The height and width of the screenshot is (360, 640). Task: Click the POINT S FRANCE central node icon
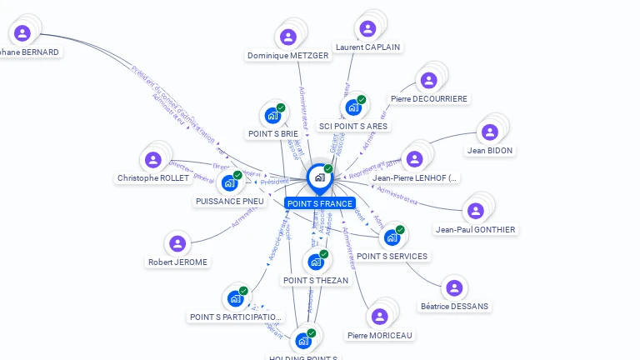(318, 177)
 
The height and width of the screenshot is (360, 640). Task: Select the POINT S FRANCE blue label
(320, 203)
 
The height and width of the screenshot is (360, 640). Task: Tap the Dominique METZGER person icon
(287, 37)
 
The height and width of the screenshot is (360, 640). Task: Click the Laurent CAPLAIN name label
(367, 47)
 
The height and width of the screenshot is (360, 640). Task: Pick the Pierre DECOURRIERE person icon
(428, 80)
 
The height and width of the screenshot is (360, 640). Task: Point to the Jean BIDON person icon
(489, 132)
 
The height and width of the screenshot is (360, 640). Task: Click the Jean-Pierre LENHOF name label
(415, 178)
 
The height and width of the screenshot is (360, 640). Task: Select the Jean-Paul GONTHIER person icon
(475, 211)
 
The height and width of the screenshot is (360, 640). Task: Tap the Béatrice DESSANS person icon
(453, 287)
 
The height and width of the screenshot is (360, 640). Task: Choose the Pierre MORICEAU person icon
(379, 317)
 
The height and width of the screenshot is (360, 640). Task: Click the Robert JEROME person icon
(177, 243)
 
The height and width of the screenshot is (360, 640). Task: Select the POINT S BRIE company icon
(272, 116)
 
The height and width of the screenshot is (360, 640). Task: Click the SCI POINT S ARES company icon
(352, 107)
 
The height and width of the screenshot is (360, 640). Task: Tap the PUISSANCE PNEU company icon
(229, 182)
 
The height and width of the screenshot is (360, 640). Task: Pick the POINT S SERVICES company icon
(392, 237)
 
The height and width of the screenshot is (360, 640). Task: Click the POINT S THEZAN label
(316, 281)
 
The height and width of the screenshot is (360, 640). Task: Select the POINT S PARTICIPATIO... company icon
(235, 297)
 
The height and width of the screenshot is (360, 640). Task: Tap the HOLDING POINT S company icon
(302, 340)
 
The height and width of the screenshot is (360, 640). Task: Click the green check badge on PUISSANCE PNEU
(237, 175)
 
